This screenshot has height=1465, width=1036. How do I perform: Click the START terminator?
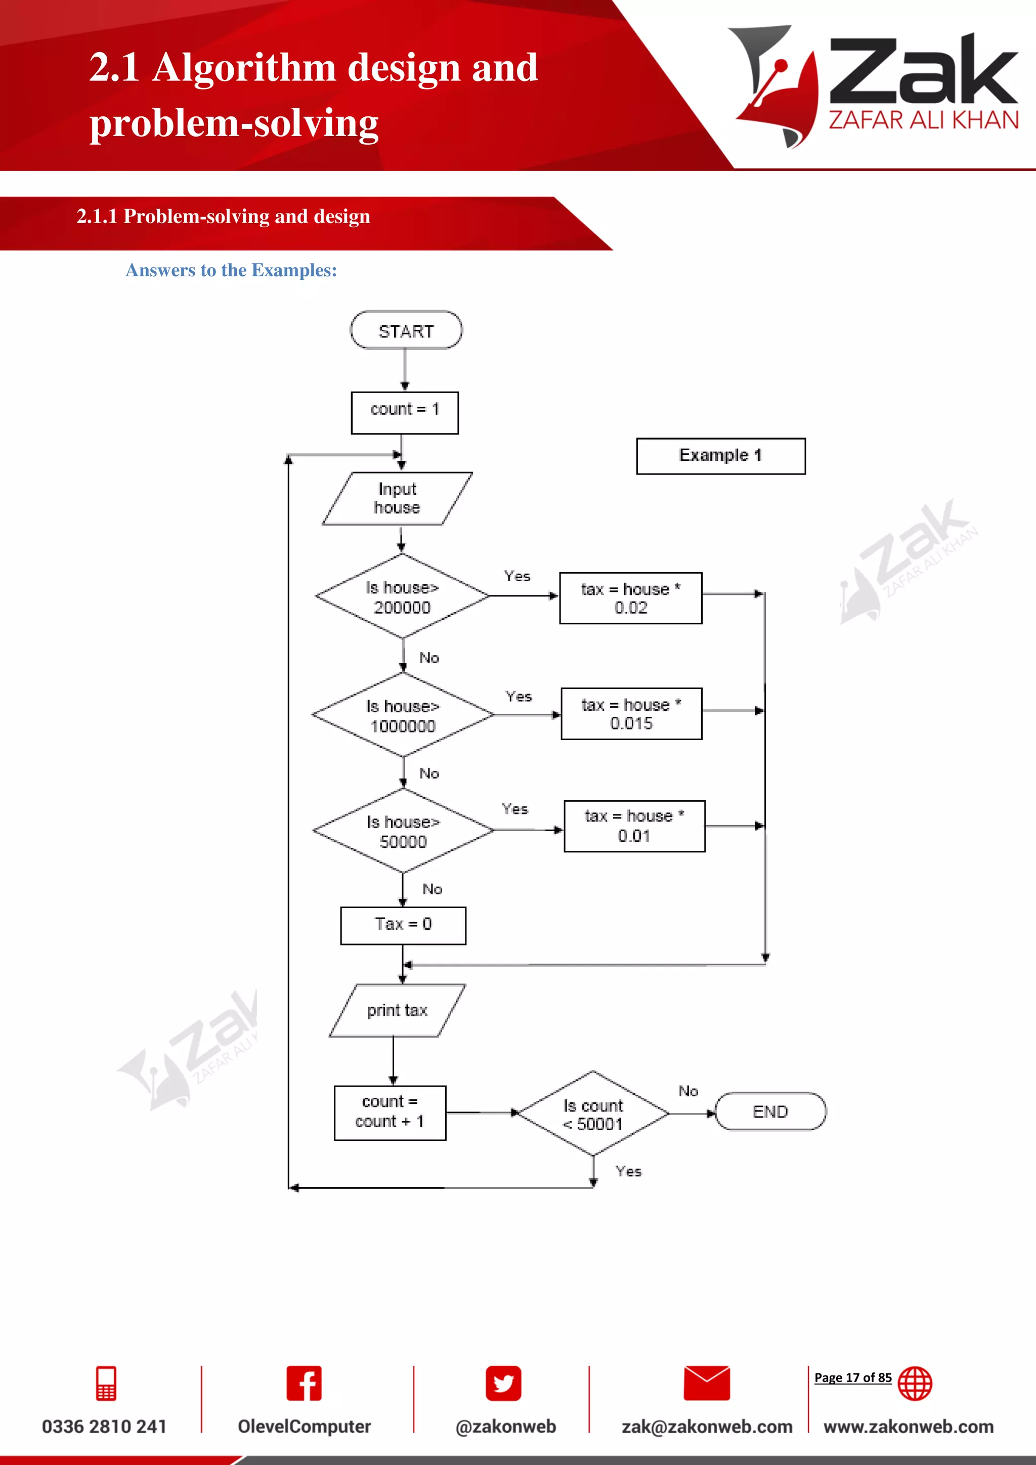[406, 330]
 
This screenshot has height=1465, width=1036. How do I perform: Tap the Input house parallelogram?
[397, 498]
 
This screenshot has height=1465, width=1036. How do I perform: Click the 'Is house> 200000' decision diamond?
[402, 596]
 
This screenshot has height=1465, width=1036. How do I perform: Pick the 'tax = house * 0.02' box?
[630, 598]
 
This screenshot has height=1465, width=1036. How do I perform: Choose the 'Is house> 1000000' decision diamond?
[403, 715]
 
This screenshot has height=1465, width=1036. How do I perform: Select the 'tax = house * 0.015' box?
[631, 713]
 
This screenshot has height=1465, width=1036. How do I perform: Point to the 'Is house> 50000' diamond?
[403, 831]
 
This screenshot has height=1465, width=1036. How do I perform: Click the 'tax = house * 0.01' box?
[634, 826]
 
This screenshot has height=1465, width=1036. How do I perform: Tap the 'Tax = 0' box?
[403, 925]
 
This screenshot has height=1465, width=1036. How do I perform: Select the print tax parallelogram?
[397, 1010]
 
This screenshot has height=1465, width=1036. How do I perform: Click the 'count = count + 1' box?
[390, 1112]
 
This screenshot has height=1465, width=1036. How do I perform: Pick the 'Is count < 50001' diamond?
[593, 1113]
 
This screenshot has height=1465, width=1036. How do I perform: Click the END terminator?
[770, 1111]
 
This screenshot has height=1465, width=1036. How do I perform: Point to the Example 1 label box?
[720, 456]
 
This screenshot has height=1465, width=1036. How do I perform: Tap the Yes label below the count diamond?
[628, 1171]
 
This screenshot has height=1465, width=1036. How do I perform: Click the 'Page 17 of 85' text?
[852, 1377]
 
